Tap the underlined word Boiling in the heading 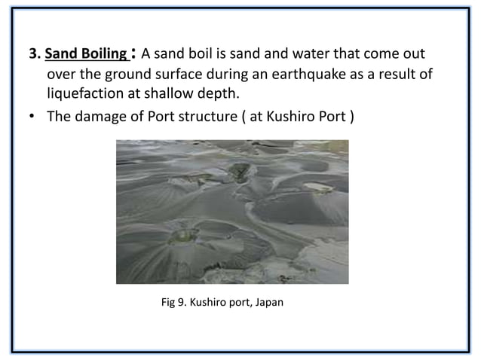click(x=103, y=55)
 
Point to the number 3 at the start click(x=32, y=55)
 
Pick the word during click(x=234, y=75)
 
